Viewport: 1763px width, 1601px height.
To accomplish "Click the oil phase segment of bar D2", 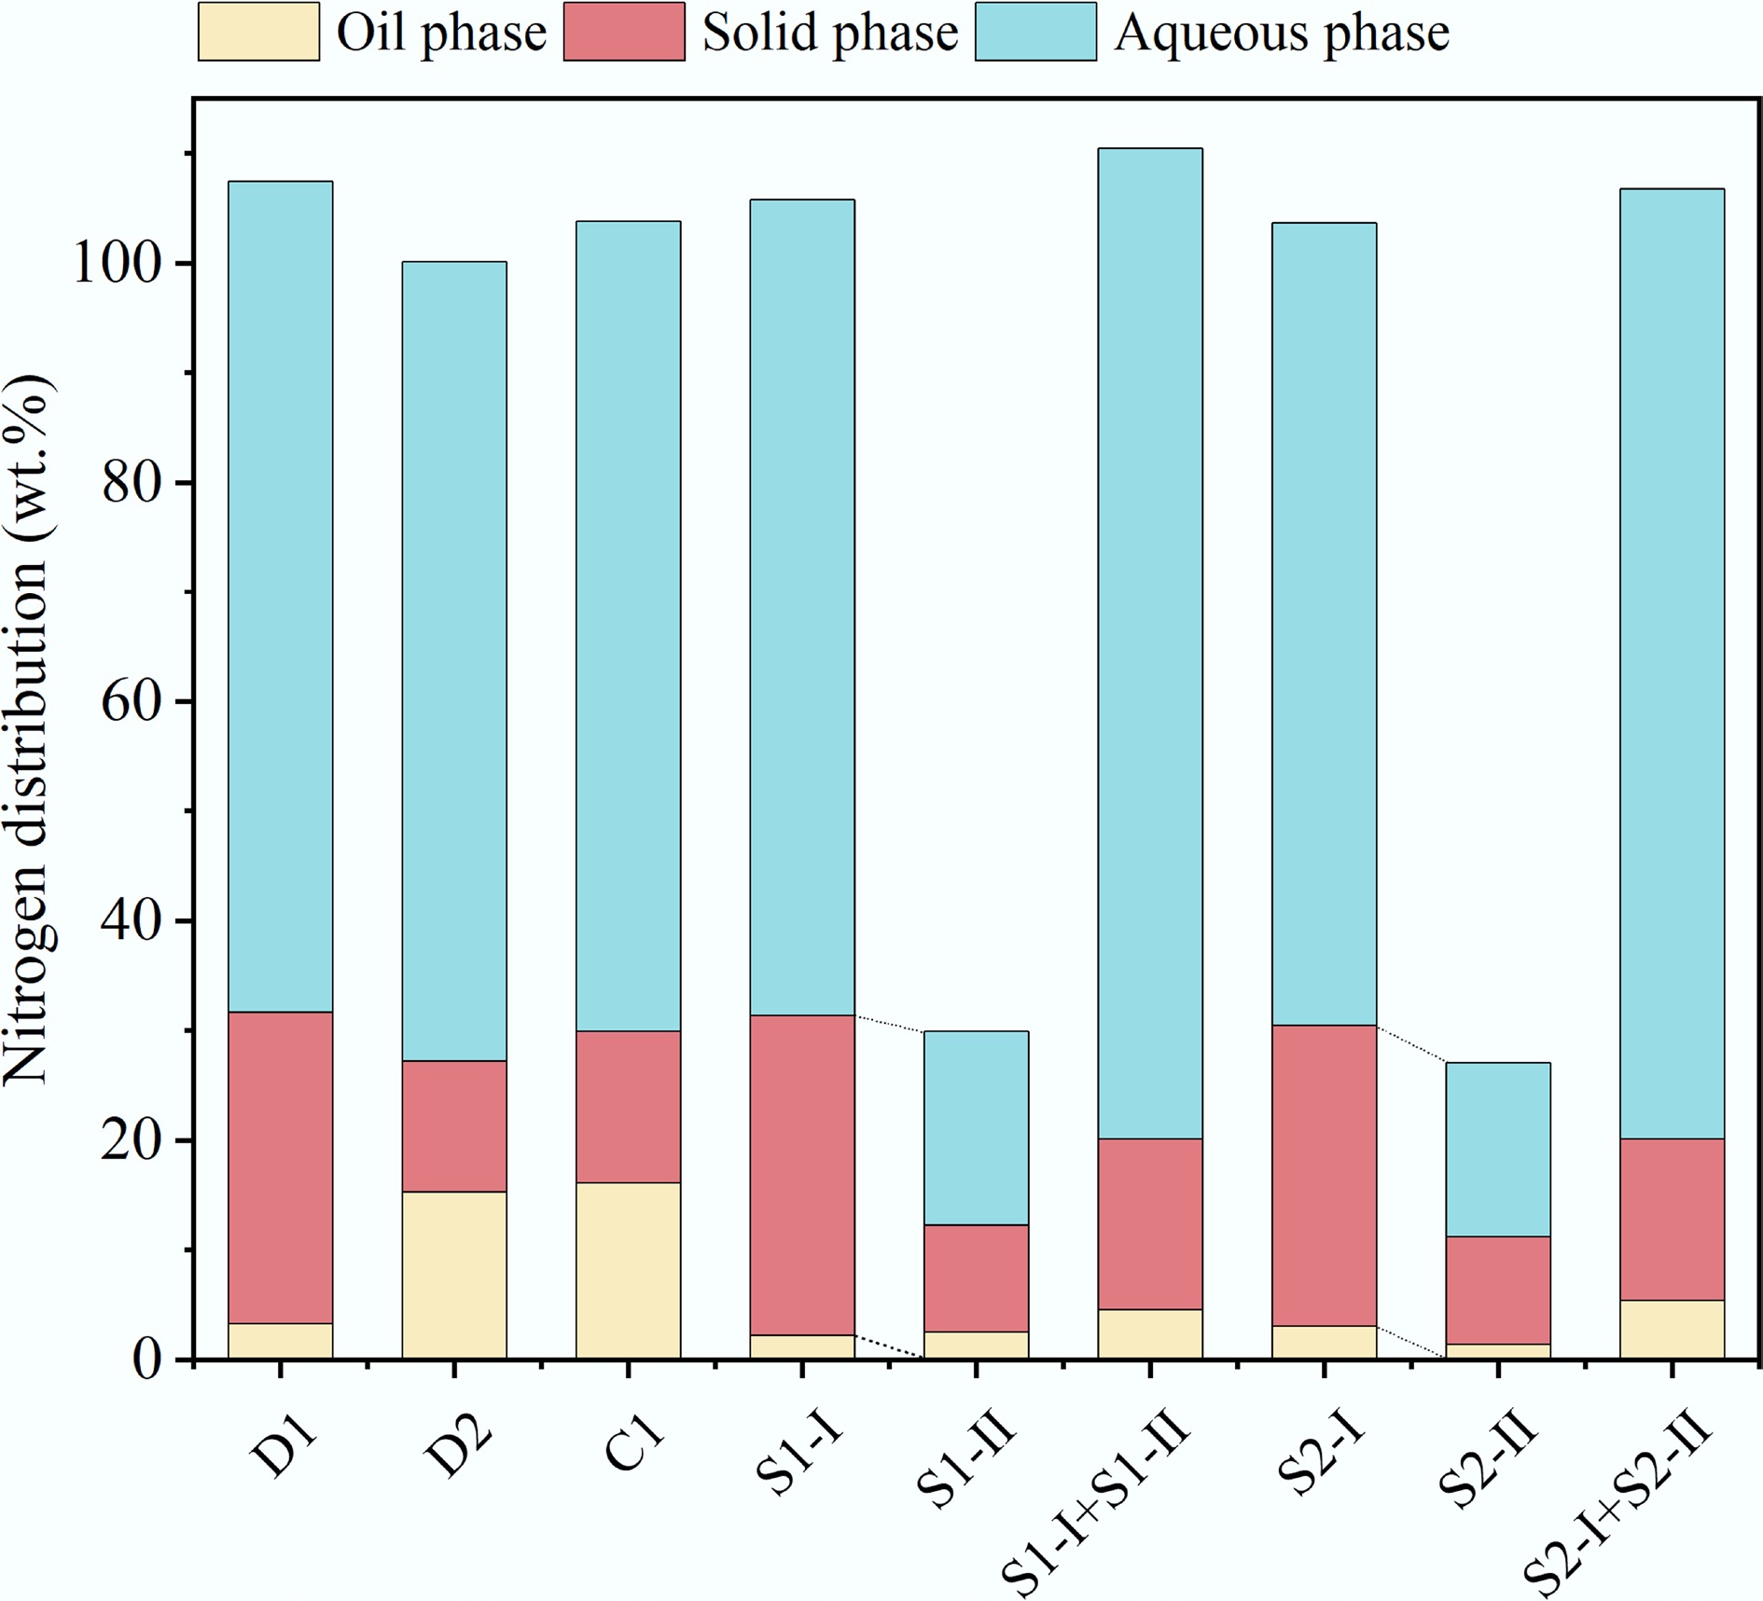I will point(454,1274).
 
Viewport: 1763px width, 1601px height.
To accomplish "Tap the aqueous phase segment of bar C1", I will point(629,626).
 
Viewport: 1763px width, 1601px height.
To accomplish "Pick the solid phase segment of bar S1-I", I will point(802,1175).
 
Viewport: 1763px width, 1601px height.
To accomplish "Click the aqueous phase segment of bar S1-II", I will point(976,1127).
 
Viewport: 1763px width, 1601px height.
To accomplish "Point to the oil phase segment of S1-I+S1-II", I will point(1150,1333).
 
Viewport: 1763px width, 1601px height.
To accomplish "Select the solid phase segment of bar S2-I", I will point(1324,1175).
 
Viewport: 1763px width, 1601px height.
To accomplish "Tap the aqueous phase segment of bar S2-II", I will point(1498,1149).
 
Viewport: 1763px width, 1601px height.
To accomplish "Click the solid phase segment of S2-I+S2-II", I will point(1672,1219).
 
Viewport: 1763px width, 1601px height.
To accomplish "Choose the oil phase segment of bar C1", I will point(629,1270).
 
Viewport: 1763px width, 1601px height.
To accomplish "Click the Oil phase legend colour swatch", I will point(258,33).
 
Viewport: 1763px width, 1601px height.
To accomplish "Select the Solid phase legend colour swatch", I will point(624,33).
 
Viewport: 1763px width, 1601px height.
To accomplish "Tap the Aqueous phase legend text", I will point(1282,34).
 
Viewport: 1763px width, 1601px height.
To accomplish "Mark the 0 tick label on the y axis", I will point(145,1360).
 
